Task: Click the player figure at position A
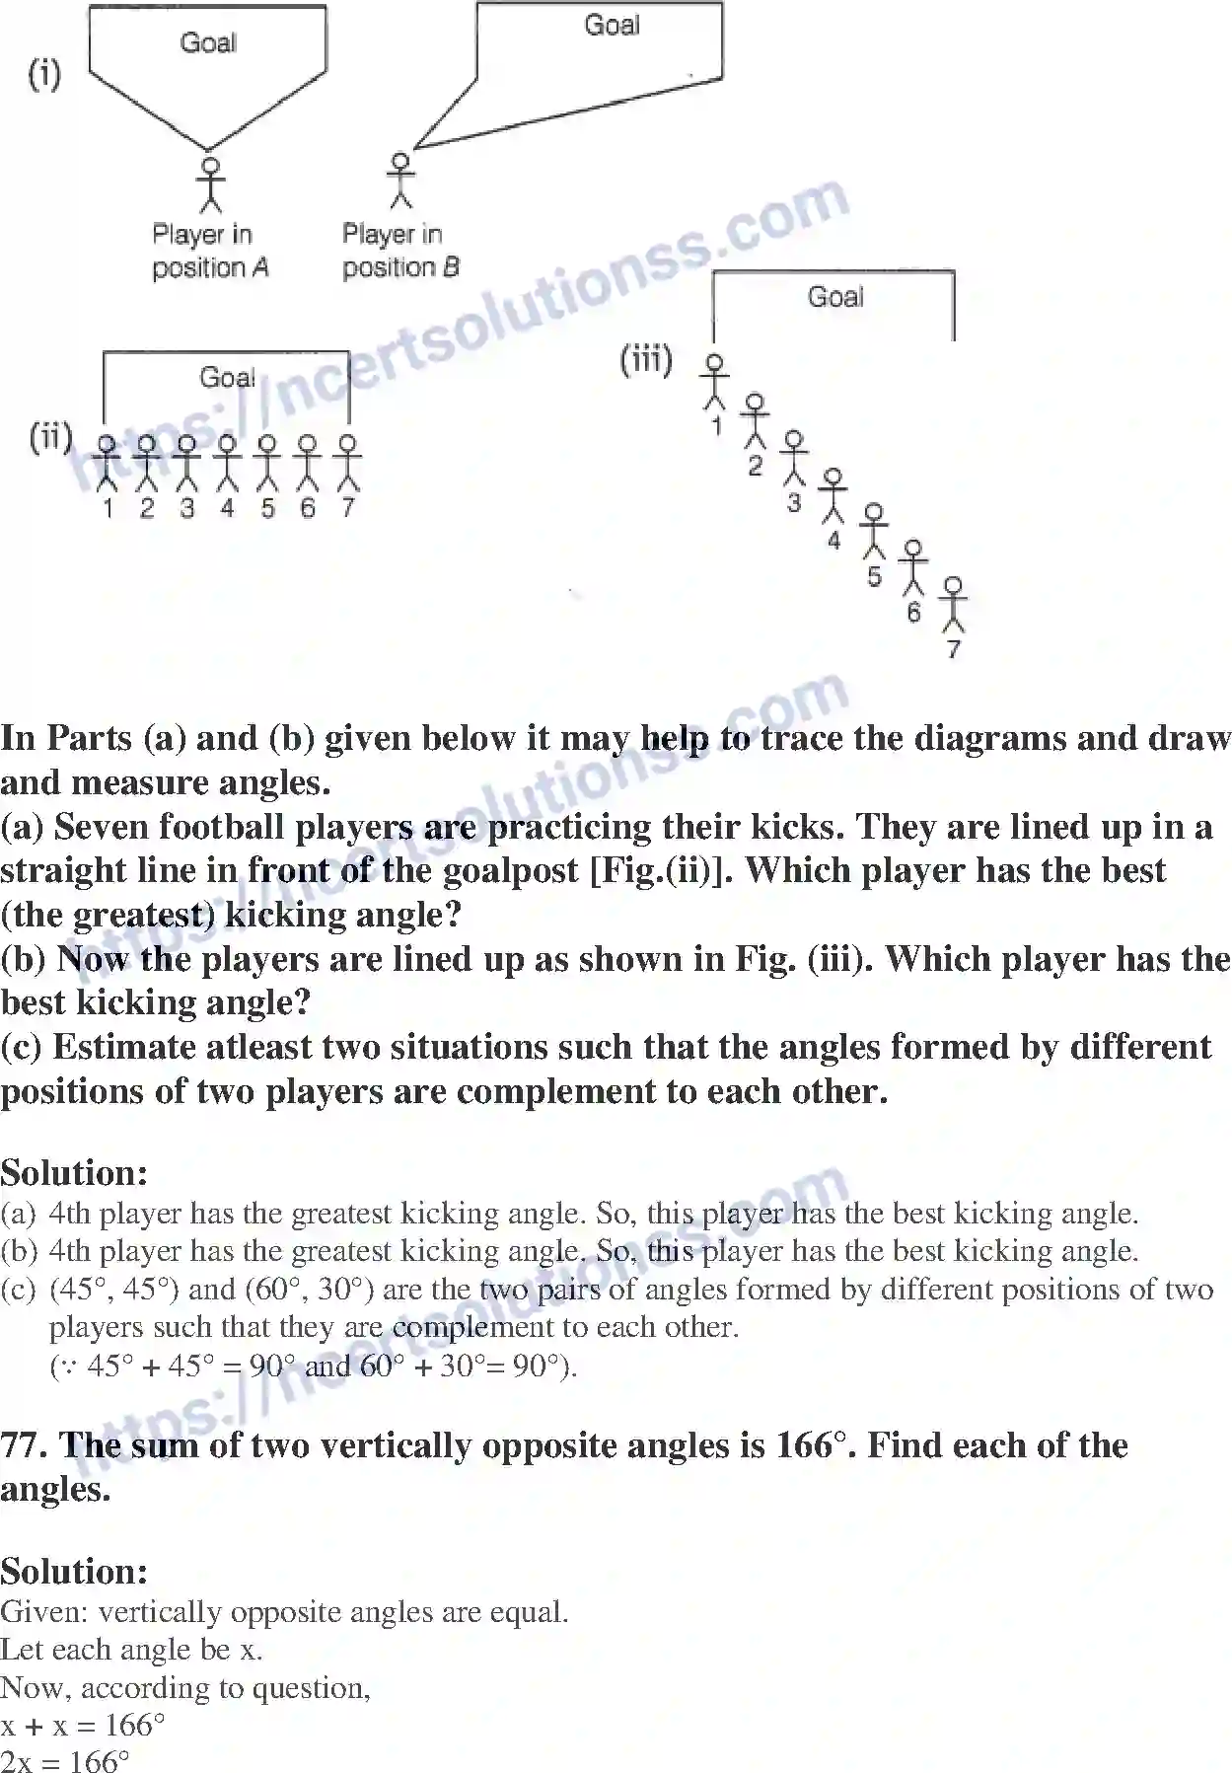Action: (x=209, y=184)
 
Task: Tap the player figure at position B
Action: (x=399, y=180)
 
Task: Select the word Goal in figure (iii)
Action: (x=835, y=297)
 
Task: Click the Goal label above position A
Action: (x=208, y=42)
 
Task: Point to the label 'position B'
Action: (x=400, y=267)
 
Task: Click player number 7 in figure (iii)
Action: (x=953, y=605)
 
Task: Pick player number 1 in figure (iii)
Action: (x=715, y=381)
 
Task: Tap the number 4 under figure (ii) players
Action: (x=227, y=508)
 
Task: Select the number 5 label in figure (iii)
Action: (x=874, y=576)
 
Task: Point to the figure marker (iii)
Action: (x=646, y=359)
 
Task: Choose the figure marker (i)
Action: (x=44, y=74)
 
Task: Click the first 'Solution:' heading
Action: (x=74, y=1172)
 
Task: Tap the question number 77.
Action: (x=24, y=1445)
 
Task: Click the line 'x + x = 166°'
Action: (x=83, y=1725)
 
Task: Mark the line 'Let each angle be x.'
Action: (x=131, y=1649)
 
